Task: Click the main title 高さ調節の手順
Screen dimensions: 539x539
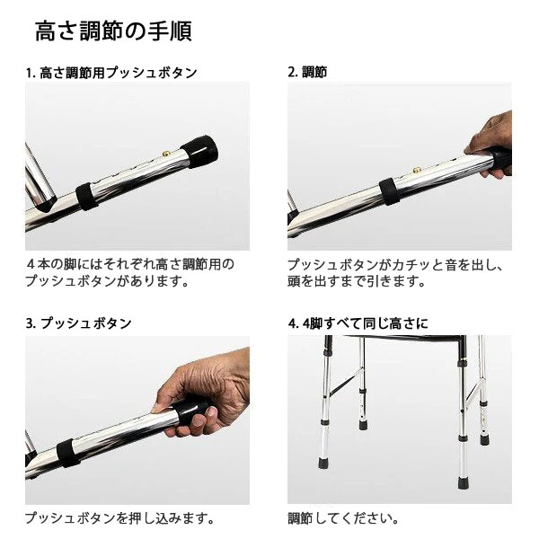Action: pos(113,31)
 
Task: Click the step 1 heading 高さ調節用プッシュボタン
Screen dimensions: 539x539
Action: pos(119,73)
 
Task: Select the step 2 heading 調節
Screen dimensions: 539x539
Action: pos(314,72)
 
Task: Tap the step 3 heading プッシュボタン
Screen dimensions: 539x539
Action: pos(86,323)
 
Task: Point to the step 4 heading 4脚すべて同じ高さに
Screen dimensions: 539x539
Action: pos(365,323)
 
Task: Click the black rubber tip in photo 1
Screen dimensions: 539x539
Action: pos(200,152)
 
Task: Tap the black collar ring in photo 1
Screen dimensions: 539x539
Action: pos(86,196)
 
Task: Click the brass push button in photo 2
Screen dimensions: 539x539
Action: pos(418,170)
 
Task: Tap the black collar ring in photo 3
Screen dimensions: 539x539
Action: pos(67,453)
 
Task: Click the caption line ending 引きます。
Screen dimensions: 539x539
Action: pos(357,281)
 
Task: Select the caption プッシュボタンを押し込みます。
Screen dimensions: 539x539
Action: pos(119,518)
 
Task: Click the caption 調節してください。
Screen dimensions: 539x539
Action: pos(343,518)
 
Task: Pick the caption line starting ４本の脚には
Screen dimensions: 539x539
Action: pos(130,264)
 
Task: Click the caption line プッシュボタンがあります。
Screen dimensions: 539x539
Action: pos(107,281)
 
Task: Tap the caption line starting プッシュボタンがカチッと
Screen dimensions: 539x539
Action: pos(395,265)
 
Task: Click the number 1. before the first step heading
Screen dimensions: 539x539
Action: pos(31,74)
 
